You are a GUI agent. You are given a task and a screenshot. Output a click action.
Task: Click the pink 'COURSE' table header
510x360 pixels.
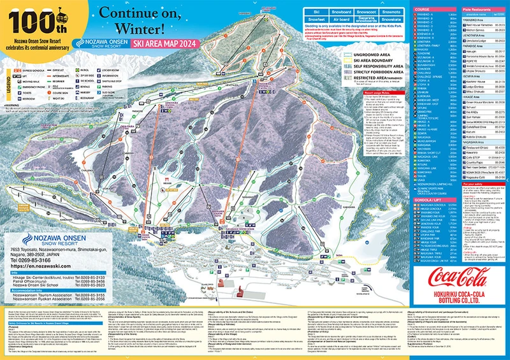tap(406, 10)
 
